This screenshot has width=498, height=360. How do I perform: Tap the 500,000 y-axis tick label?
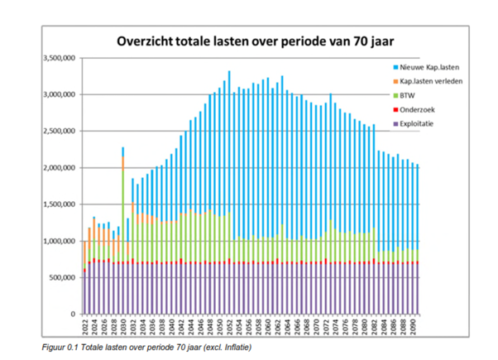coord(61,278)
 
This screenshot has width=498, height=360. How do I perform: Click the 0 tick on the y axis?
coord(73,314)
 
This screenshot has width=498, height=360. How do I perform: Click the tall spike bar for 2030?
coord(123,232)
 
